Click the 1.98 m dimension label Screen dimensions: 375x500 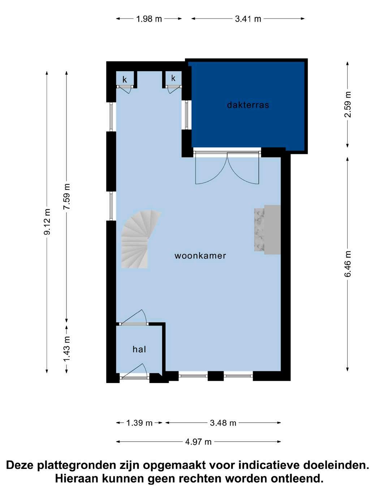tap(149, 19)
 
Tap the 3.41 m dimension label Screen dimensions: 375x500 tap(248, 19)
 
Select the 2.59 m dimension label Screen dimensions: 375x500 tap(348, 104)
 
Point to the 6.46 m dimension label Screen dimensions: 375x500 tap(348, 264)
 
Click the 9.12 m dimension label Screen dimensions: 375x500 tap(47, 221)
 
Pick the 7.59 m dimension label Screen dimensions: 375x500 tap(67, 197)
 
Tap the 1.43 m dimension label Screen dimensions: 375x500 tap(67, 349)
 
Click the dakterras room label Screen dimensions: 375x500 tap(248, 105)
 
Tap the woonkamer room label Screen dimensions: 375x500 tap(201, 255)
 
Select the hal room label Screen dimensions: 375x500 tap(139, 349)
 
